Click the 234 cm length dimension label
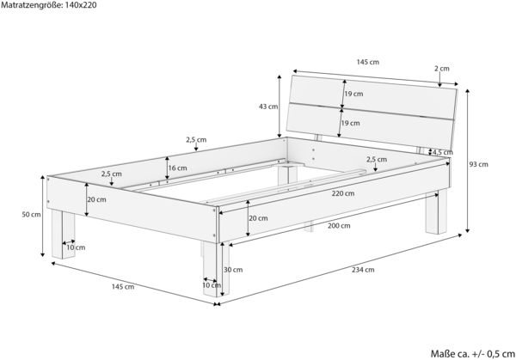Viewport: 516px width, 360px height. pyautogui.click(x=363, y=270)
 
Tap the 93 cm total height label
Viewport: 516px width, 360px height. pyautogui.click(x=479, y=164)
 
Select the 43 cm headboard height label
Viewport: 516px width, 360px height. pyautogui.click(x=268, y=107)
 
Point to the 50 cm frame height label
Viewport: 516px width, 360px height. pyautogui.click(x=31, y=215)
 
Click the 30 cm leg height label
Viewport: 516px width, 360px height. pyautogui.click(x=233, y=270)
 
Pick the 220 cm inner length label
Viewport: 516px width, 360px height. pyautogui.click(x=343, y=193)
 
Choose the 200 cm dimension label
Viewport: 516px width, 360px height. pyautogui.click(x=339, y=226)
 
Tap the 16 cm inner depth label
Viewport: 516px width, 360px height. pyautogui.click(x=178, y=168)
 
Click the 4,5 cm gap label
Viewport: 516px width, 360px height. pyautogui.click(x=443, y=153)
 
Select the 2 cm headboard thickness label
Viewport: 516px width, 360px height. pyautogui.click(x=442, y=69)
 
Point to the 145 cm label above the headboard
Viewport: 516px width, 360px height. pyautogui.click(x=368, y=62)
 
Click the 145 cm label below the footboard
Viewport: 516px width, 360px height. pyautogui.click(x=123, y=287)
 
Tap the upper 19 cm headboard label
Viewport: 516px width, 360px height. pyautogui.click(x=353, y=94)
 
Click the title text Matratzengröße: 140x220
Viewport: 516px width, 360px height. pyautogui.click(x=49, y=5)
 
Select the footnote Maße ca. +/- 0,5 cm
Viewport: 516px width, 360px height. pyautogui.click(x=473, y=354)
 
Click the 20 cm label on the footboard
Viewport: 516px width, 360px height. pyautogui.click(x=96, y=199)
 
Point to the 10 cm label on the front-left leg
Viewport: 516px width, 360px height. pyautogui.click(x=76, y=247)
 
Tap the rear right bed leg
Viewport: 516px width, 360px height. pyautogui.click(x=437, y=213)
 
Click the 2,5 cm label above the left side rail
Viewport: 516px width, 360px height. pyautogui.click(x=196, y=140)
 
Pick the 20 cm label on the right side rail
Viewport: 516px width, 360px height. pyautogui.click(x=258, y=218)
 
